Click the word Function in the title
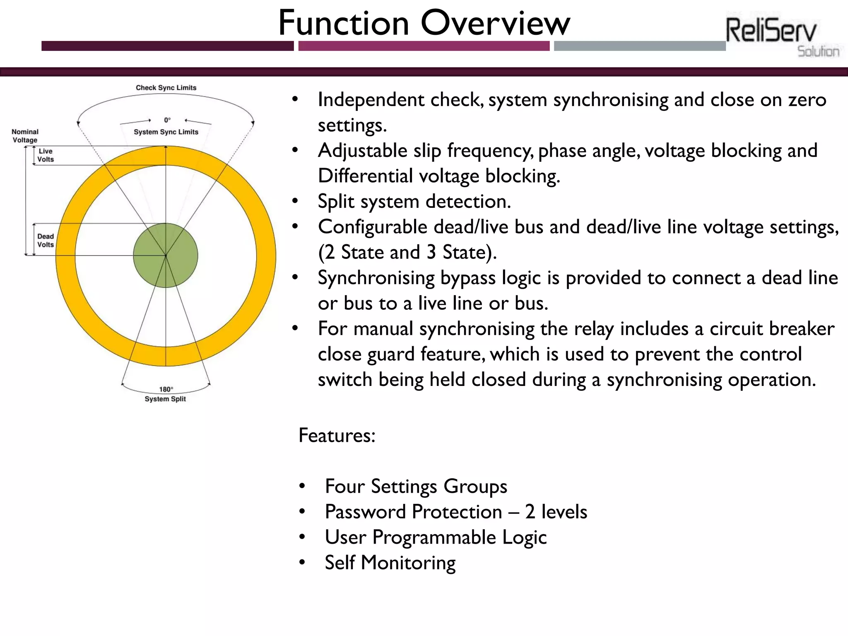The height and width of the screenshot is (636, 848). pyautogui.click(x=344, y=23)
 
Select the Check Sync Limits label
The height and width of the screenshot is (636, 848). pyautogui.click(x=166, y=88)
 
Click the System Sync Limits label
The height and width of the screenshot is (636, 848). pyautogui.click(x=166, y=132)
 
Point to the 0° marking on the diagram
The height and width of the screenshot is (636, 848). pyautogui.click(x=167, y=120)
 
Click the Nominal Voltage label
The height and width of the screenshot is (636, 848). pyautogui.click(x=25, y=136)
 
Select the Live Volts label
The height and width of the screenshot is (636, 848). pyautogui.click(x=46, y=155)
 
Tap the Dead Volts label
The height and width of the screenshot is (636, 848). pyautogui.click(x=46, y=241)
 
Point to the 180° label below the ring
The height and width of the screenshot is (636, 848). pyautogui.click(x=166, y=389)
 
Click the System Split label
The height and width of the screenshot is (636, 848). pyautogui.click(x=165, y=399)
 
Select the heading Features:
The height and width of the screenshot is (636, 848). pyautogui.click(x=337, y=436)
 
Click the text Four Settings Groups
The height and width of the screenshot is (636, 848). pyautogui.click(x=416, y=486)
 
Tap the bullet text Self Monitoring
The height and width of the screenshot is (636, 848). pyautogui.click(x=390, y=563)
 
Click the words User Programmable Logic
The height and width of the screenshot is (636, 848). pyautogui.click(x=436, y=537)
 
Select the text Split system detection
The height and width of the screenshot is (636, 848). pyautogui.click(x=414, y=202)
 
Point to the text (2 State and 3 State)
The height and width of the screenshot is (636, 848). pyautogui.click(x=407, y=252)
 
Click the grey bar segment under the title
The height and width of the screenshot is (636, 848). pyautogui.click(x=639, y=46)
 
